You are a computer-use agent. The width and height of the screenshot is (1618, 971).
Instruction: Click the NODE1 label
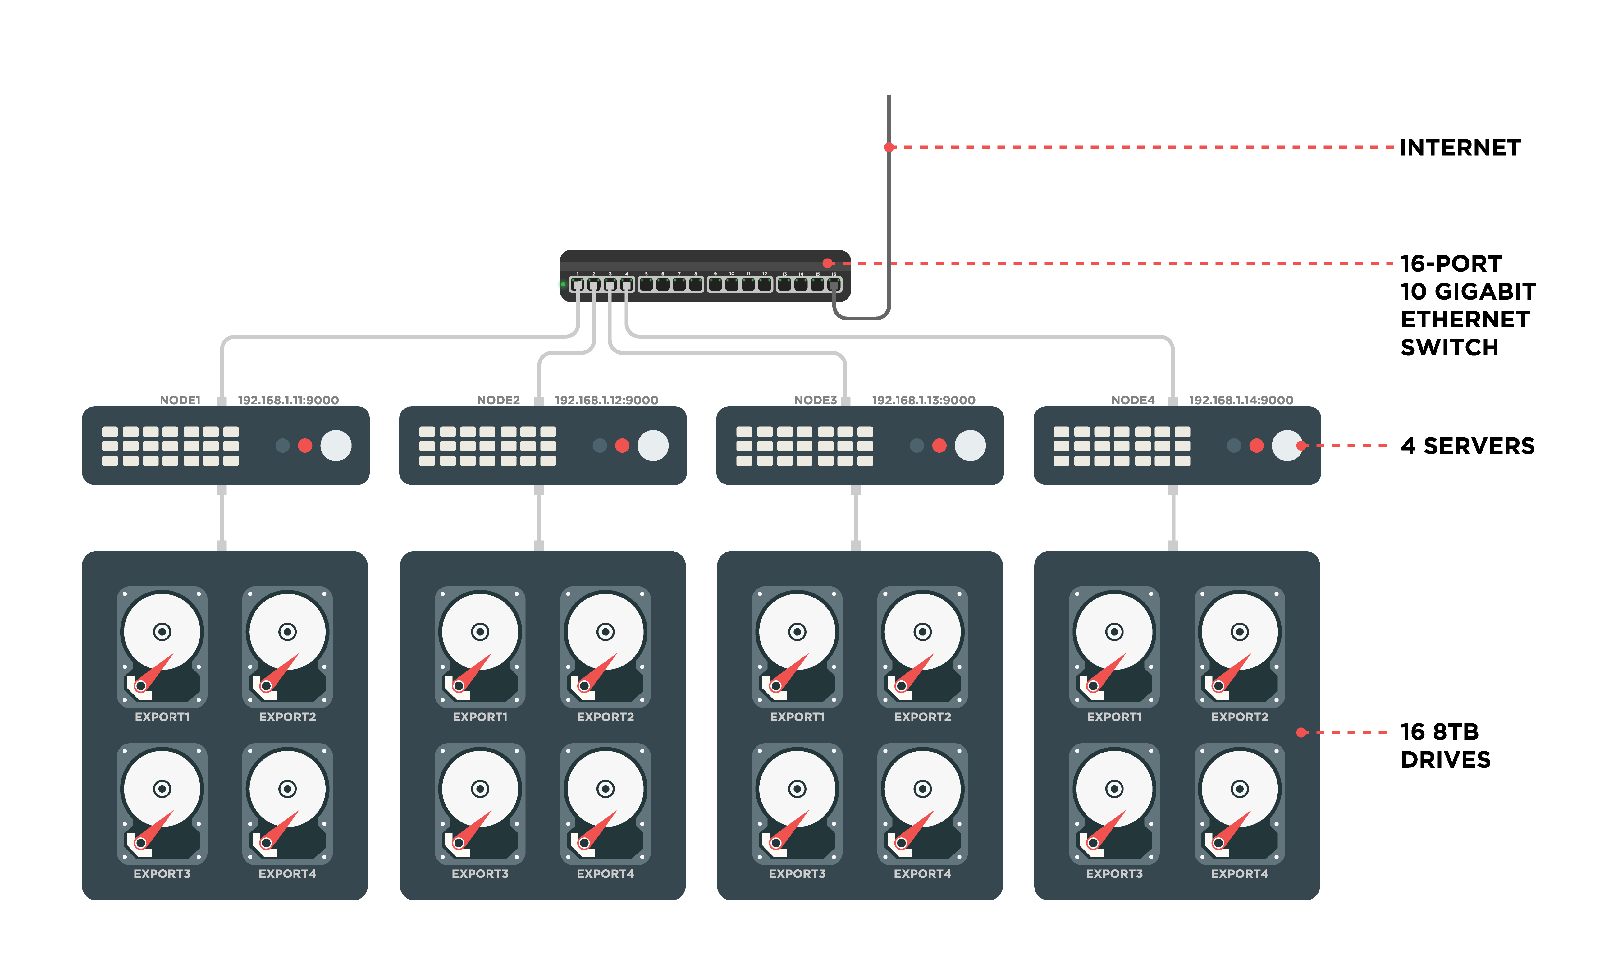click(x=180, y=400)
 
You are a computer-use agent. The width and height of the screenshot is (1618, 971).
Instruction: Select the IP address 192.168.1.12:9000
click(x=606, y=400)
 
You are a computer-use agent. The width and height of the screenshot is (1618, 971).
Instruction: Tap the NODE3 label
click(x=815, y=400)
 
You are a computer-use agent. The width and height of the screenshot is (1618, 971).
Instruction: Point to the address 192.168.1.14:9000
click(x=1241, y=400)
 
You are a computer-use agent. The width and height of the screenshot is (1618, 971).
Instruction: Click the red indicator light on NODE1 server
click(x=305, y=446)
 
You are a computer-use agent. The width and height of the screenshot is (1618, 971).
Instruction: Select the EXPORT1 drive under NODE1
click(x=162, y=647)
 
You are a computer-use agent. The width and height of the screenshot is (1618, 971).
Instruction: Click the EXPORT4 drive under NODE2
click(x=605, y=804)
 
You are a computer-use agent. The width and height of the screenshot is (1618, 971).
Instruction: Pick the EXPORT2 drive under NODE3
click(x=922, y=647)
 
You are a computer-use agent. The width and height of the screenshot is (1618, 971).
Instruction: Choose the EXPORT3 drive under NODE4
click(x=1114, y=804)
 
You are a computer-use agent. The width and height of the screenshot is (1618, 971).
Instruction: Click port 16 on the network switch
click(x=834, y=284)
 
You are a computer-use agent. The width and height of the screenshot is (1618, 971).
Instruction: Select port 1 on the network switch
click(x=578, y=284)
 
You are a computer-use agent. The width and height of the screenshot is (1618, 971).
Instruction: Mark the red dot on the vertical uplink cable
click(x=889, y=147)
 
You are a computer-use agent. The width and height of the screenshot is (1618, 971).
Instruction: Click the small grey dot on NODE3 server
click(x=917, y=446)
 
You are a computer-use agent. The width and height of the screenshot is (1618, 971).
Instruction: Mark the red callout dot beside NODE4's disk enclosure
click(x=1301, y=732)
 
